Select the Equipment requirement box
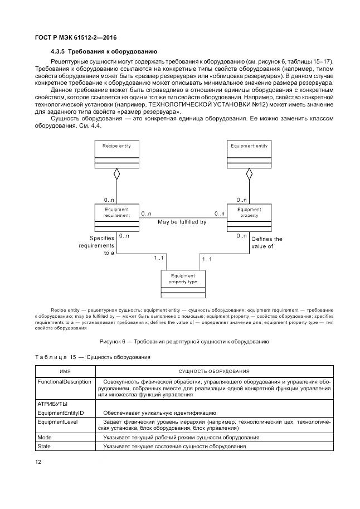click(x=116, y=217)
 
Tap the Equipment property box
click(x=249, y=217)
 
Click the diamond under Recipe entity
click(x=116, y=174)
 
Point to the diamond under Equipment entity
click(x=249, y=174)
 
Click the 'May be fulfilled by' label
click(x=182, y=222)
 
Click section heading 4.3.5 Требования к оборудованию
click(x=104, y=51)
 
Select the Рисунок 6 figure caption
click(x=184, y=341)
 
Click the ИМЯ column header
click(x=65, y=371)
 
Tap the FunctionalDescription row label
click(x=64, y=382)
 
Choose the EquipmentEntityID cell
click(x=60, y=413)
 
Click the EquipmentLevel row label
click(x=57, y=422)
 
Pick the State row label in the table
click(x=44, y=447)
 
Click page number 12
click(x=38, y=461)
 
